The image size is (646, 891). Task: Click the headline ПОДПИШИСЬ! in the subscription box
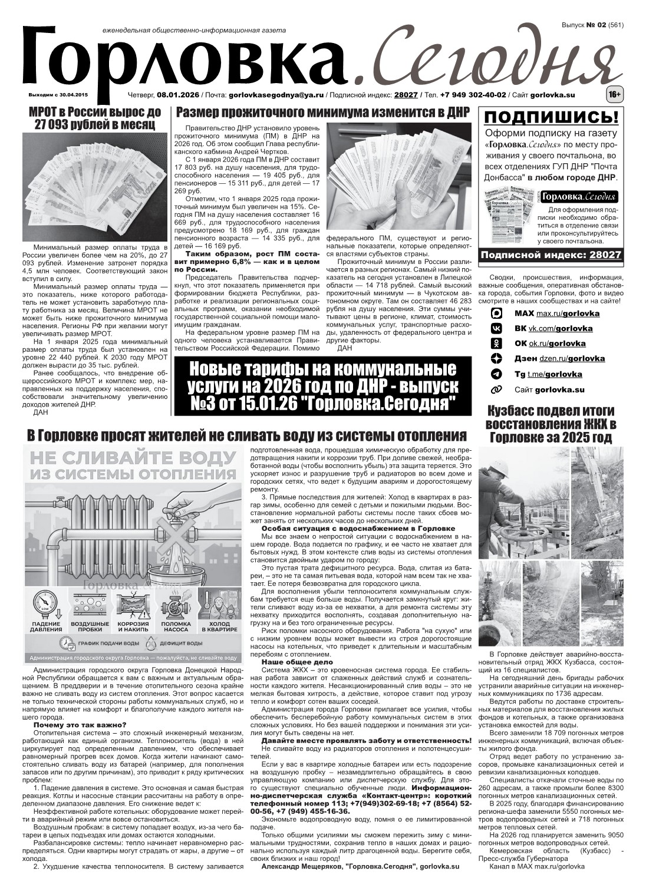pyautogui.click(x=551, y=117)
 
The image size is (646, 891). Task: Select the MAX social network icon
pyautogui.click(x=497, y=313)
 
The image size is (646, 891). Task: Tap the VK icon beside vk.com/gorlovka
pyautogui.click(x=497, y=328)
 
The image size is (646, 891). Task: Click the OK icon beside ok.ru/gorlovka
pyautogui.click(x=497, y=344)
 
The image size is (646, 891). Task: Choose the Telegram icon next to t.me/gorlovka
pyautogui.click(x=497, y=374)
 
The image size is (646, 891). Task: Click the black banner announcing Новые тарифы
pyautogui.click(x=322, y=387)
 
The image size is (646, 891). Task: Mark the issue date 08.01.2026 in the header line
pyautogui.click(x=178, y=95)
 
